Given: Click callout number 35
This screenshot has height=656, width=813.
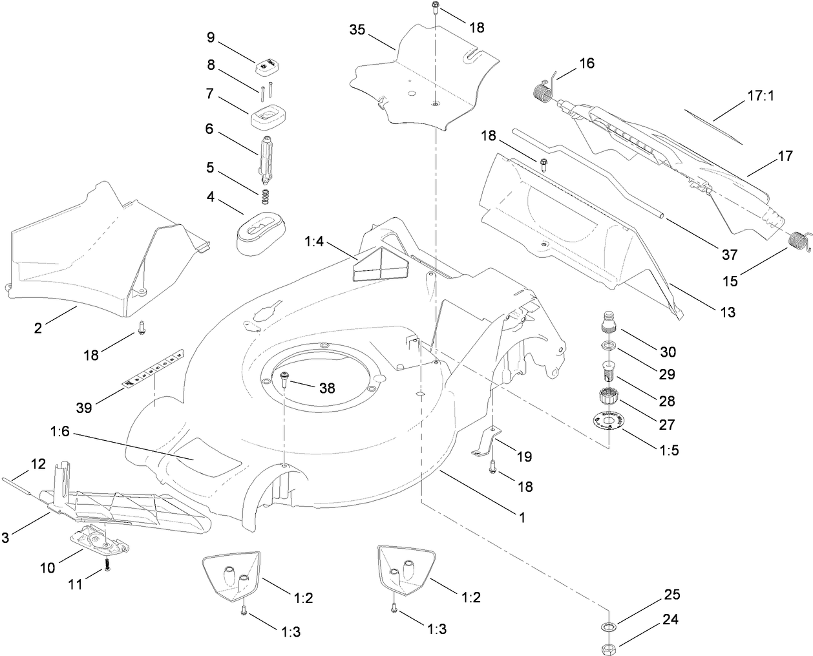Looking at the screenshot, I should point(359,30).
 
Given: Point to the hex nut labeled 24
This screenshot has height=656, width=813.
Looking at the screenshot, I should point(608,646).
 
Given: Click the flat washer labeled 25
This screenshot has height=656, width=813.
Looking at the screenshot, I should point(608,626).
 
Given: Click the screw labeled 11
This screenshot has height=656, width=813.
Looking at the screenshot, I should point(108,564).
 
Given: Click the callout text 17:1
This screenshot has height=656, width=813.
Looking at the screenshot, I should point(761,96).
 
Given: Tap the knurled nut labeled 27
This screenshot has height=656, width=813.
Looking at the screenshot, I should point(608,396).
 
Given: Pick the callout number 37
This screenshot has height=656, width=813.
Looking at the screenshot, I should point(730,255).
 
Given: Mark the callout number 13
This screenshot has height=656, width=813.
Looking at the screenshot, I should point(727,313).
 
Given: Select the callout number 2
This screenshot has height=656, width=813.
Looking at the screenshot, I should point(38,328).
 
